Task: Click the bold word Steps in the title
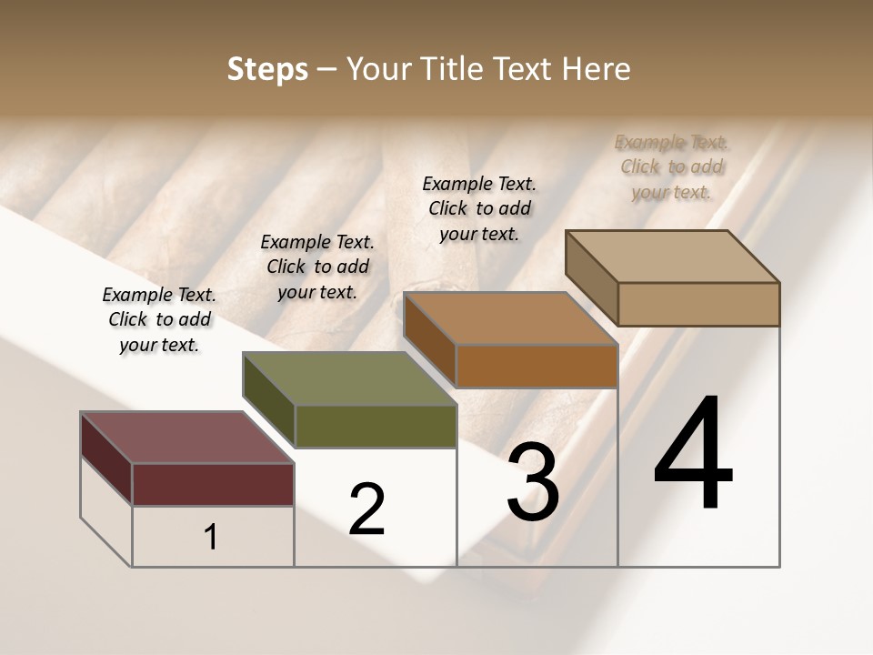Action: [x=266, y=69]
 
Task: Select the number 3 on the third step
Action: [x=533, y=482]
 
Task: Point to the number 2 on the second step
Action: [x=366, y=509]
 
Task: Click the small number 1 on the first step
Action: [x=211, y=538]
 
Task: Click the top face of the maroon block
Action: [x=186, y=438]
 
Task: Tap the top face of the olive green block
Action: [x=349, y=378]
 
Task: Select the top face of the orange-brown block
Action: [x=510, y=318]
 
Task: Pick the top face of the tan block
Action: [x=672, y=257]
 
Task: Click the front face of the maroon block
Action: [x=213, y=484]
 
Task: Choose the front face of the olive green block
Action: [x=376, y=426]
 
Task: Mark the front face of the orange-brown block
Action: [x=537, y=366]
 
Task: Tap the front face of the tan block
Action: [x=698, y=304]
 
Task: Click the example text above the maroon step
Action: [x=159, y=320]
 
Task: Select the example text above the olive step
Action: [x=317, y=267]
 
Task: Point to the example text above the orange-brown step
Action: [x=479, y=208]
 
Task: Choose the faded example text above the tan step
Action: [x=671, y=166]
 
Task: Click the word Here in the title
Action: [x=597, y=69]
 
